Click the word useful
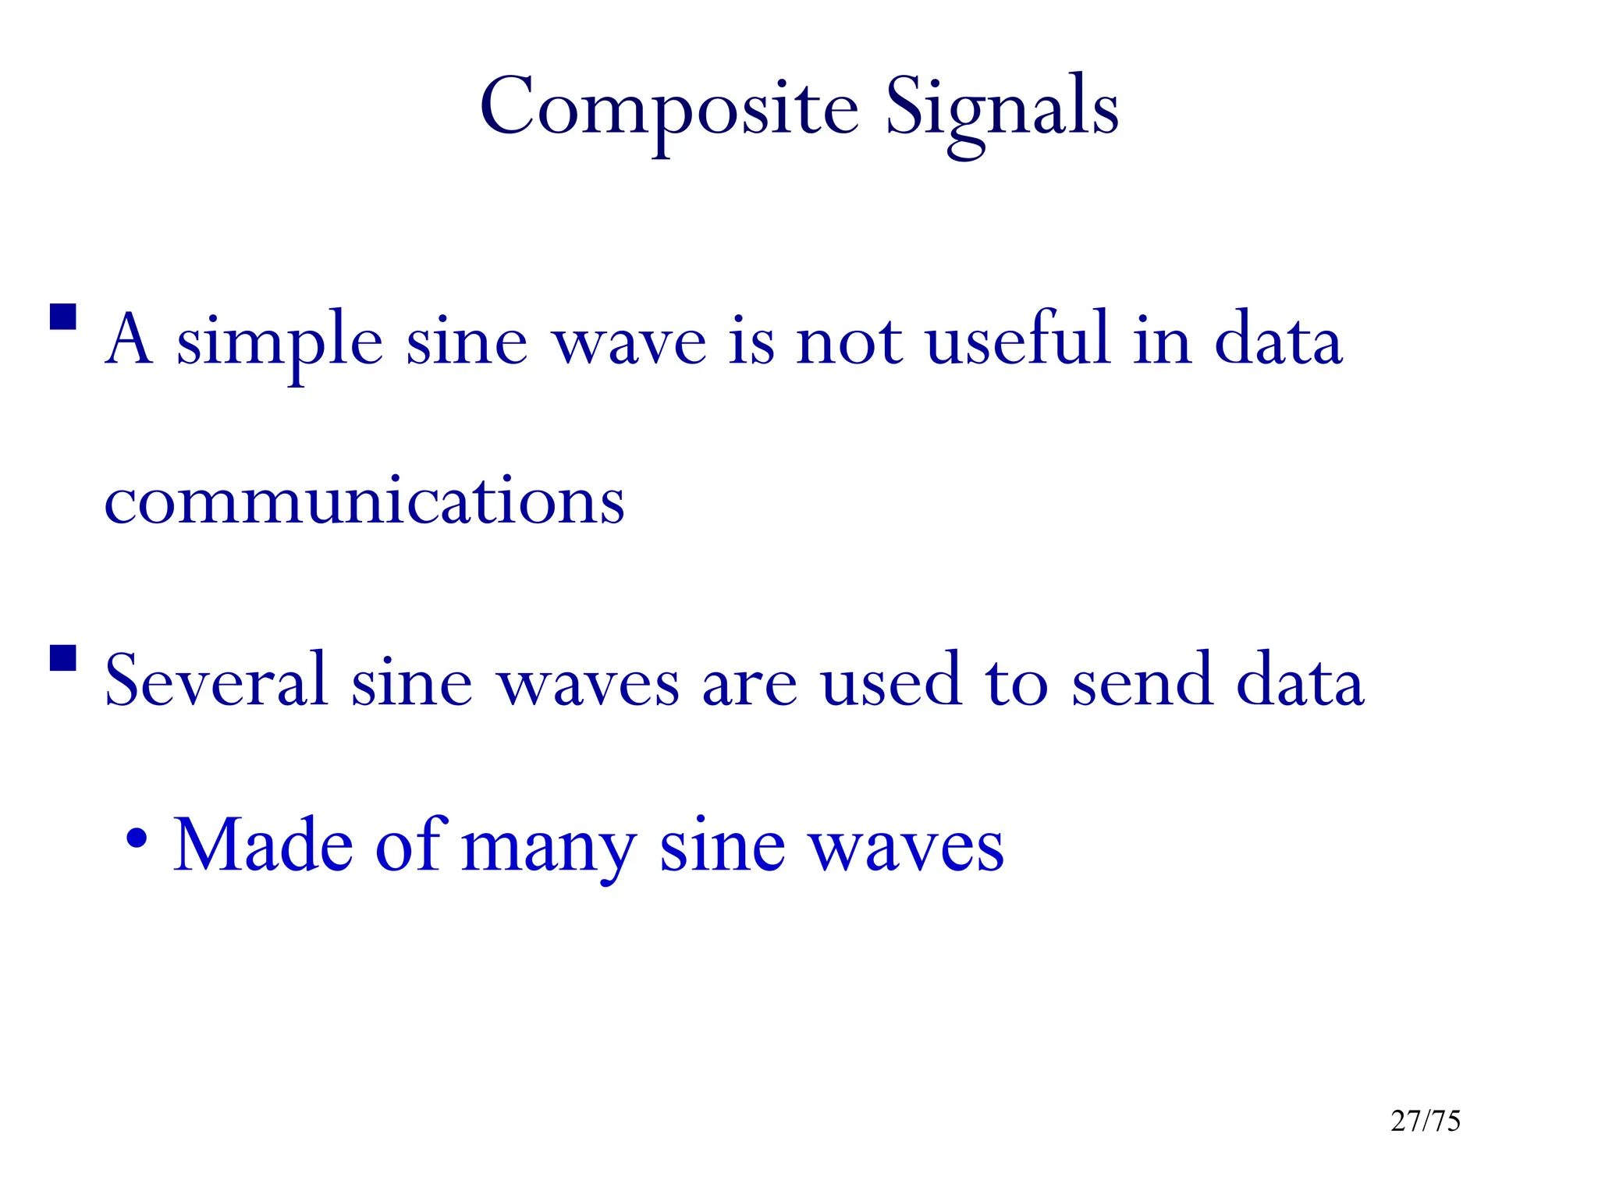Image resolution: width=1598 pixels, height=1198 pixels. tap(1017, 339)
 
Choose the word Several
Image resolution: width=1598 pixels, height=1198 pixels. tap(215, 680)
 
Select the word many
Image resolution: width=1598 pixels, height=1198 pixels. tap(548, 847)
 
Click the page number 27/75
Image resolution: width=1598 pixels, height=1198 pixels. tap(1425, 1121)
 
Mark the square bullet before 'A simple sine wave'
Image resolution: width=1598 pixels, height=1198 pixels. tap(63, 317)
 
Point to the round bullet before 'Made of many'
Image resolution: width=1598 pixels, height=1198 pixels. tap(137, 839)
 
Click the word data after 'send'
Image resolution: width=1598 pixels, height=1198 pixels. tap(1300, 680)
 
